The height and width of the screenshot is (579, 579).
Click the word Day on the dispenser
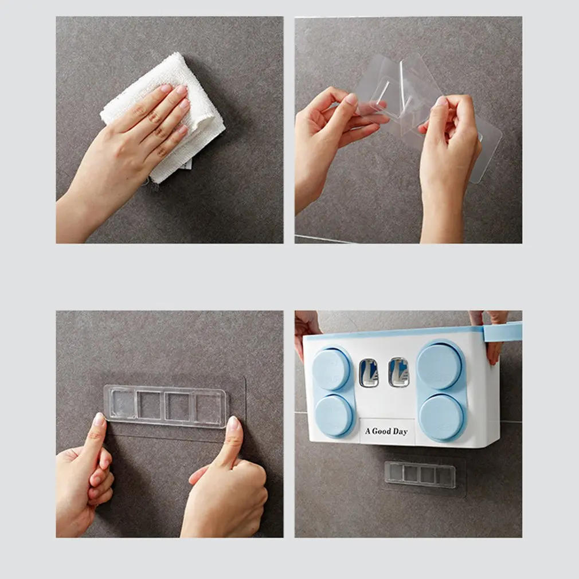tap(400, 432)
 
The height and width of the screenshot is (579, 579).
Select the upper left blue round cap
tap(331, 369)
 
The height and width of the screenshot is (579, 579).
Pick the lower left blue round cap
tap(334, 414)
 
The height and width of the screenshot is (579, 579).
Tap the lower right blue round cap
tap(441, 417)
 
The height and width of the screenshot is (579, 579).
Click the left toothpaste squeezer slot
tap(369, 373)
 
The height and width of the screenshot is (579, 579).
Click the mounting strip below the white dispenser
tap(420, 474)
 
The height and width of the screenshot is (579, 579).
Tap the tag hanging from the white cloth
tap(186, 165)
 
